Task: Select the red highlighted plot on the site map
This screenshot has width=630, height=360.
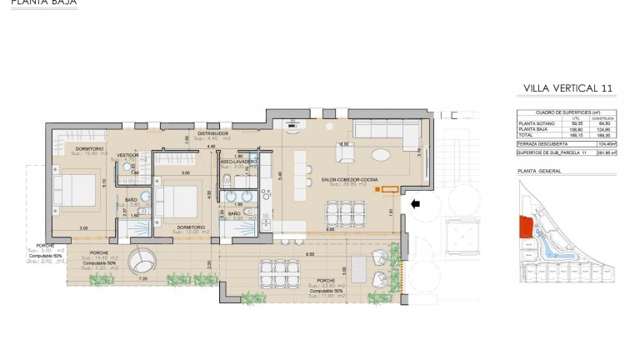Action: coord(525,226)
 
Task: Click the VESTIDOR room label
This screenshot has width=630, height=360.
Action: coord(127,155)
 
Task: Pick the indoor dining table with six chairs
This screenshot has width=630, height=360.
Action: coord(345,214)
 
